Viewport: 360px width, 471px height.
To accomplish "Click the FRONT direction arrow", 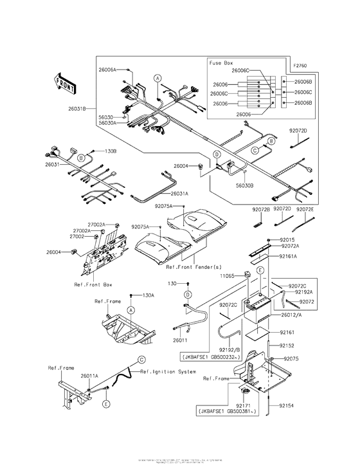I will tap(65, 84).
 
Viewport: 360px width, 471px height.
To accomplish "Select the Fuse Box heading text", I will tap(221, 63).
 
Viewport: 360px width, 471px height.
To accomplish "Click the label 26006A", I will tap(107, 68).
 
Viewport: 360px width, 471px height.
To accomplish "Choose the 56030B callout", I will tap(244, 185).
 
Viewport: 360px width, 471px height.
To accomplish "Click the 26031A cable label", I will tap(180, 193).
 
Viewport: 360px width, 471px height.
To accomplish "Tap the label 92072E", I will tap(306, 208).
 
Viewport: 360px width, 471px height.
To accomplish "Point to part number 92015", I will tap(287, 239).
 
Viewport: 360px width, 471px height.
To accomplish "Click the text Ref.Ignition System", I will tap(168, 372).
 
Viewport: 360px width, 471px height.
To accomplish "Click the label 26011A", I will tap(89, 375).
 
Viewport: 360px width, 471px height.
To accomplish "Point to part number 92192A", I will tap(303, 292).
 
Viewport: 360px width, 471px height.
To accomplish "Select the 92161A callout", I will tap(288, 256).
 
